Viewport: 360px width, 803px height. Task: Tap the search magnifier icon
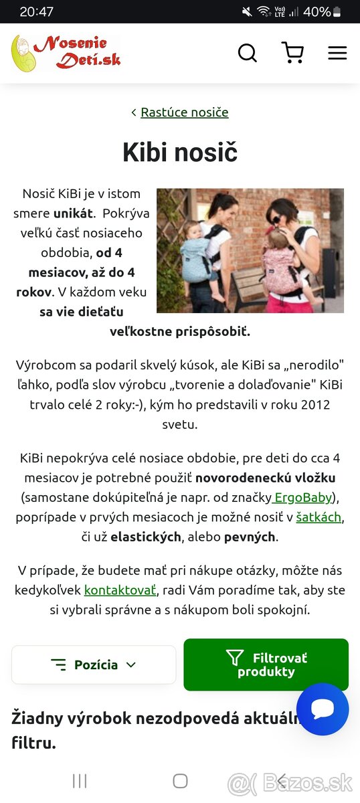click(x=248, y=53)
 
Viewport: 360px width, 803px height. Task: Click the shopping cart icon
click(x=292, y=53)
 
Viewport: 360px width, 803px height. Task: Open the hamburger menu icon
click(x=337, y=53)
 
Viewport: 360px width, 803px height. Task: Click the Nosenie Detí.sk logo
click(x=66, y=53)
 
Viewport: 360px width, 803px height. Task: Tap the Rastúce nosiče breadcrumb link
click(x=184, y=112)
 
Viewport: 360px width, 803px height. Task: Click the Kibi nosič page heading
click(x=180, y=153)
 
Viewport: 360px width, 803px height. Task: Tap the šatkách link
click(x=319, y=517)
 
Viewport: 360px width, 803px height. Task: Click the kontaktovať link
click(x=120, y=590)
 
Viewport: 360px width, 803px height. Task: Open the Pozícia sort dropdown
click(x=94, y=664)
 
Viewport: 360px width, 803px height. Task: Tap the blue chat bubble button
click(x=323, y=709)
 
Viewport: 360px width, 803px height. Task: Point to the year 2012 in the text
click(x=314, y=405)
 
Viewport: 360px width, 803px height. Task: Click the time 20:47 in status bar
click(x=37, y=11)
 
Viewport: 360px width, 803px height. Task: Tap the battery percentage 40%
click(x=317, y=11)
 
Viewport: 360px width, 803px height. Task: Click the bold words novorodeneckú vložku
click(x=266, y=478)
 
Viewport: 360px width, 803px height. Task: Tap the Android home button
click(x=180, y=781)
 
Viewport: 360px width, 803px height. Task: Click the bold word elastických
click(x=146, y=537)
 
